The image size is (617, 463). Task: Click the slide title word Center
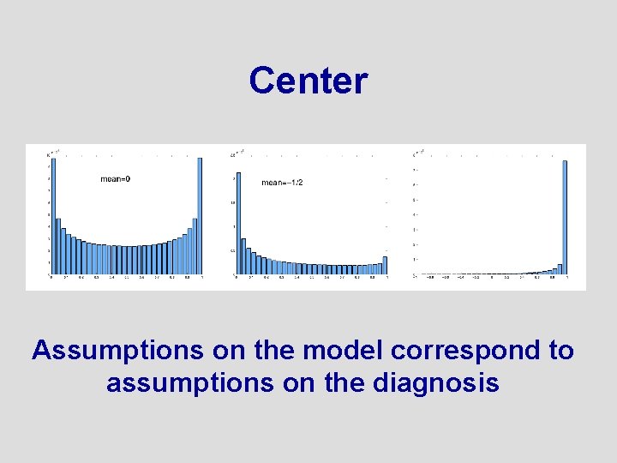pos(308,81)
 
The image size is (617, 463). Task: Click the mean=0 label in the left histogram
pos(116,178)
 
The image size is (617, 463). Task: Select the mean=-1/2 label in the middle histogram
pos(283,182)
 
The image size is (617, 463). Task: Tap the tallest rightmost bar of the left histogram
pos(200,216)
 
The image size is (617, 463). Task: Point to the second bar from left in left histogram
pos(58,247)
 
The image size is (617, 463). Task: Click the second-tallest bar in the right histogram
pos(560,269)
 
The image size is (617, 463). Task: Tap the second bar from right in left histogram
pos(195,247)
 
